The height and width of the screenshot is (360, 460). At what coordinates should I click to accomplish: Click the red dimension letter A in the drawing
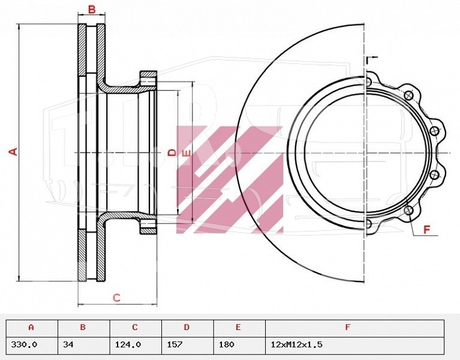pos(13,152)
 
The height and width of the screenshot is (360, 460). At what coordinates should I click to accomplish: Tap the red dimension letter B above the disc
pos(92,10)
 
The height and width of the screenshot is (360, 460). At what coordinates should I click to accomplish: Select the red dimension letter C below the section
pos(117,298)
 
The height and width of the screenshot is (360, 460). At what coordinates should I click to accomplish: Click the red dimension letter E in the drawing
pos(186,153)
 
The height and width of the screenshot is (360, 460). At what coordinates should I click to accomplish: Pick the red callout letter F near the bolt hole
pos(426,229)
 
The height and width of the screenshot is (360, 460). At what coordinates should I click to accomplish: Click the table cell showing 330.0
pos(24,344)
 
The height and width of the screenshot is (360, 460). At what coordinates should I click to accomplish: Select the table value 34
pos(68,344)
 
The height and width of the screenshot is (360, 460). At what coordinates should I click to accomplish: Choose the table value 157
pos(175,344)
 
